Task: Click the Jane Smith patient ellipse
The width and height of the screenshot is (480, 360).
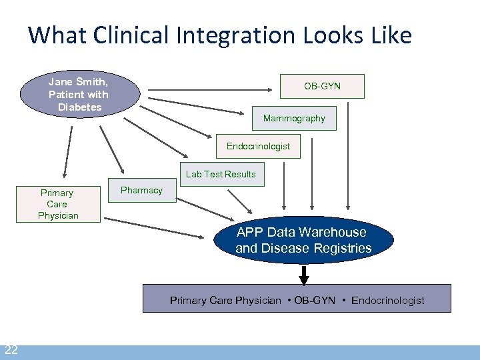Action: [79, 95]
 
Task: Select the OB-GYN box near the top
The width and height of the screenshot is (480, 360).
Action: [322, 86]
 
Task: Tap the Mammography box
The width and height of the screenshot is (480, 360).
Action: [294, 118]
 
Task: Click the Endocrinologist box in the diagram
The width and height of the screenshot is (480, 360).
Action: [258, 146]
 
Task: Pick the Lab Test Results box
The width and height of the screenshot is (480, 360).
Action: [221, 174]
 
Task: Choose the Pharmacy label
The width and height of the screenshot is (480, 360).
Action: [141, 190]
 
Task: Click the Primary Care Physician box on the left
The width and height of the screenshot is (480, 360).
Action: [58, 204]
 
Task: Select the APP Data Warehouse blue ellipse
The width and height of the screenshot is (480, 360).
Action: [303, 241]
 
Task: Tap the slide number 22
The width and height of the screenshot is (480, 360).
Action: [11, 351]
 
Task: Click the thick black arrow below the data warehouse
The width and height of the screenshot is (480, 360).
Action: [304, 275]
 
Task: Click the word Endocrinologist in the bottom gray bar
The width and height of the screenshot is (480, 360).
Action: [387, 301]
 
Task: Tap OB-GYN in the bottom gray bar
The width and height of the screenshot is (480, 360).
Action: [315, 301]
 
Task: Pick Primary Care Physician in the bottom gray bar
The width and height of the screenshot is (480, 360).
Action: [225, 301]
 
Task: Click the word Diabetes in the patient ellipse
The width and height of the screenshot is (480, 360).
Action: [79, 107]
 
